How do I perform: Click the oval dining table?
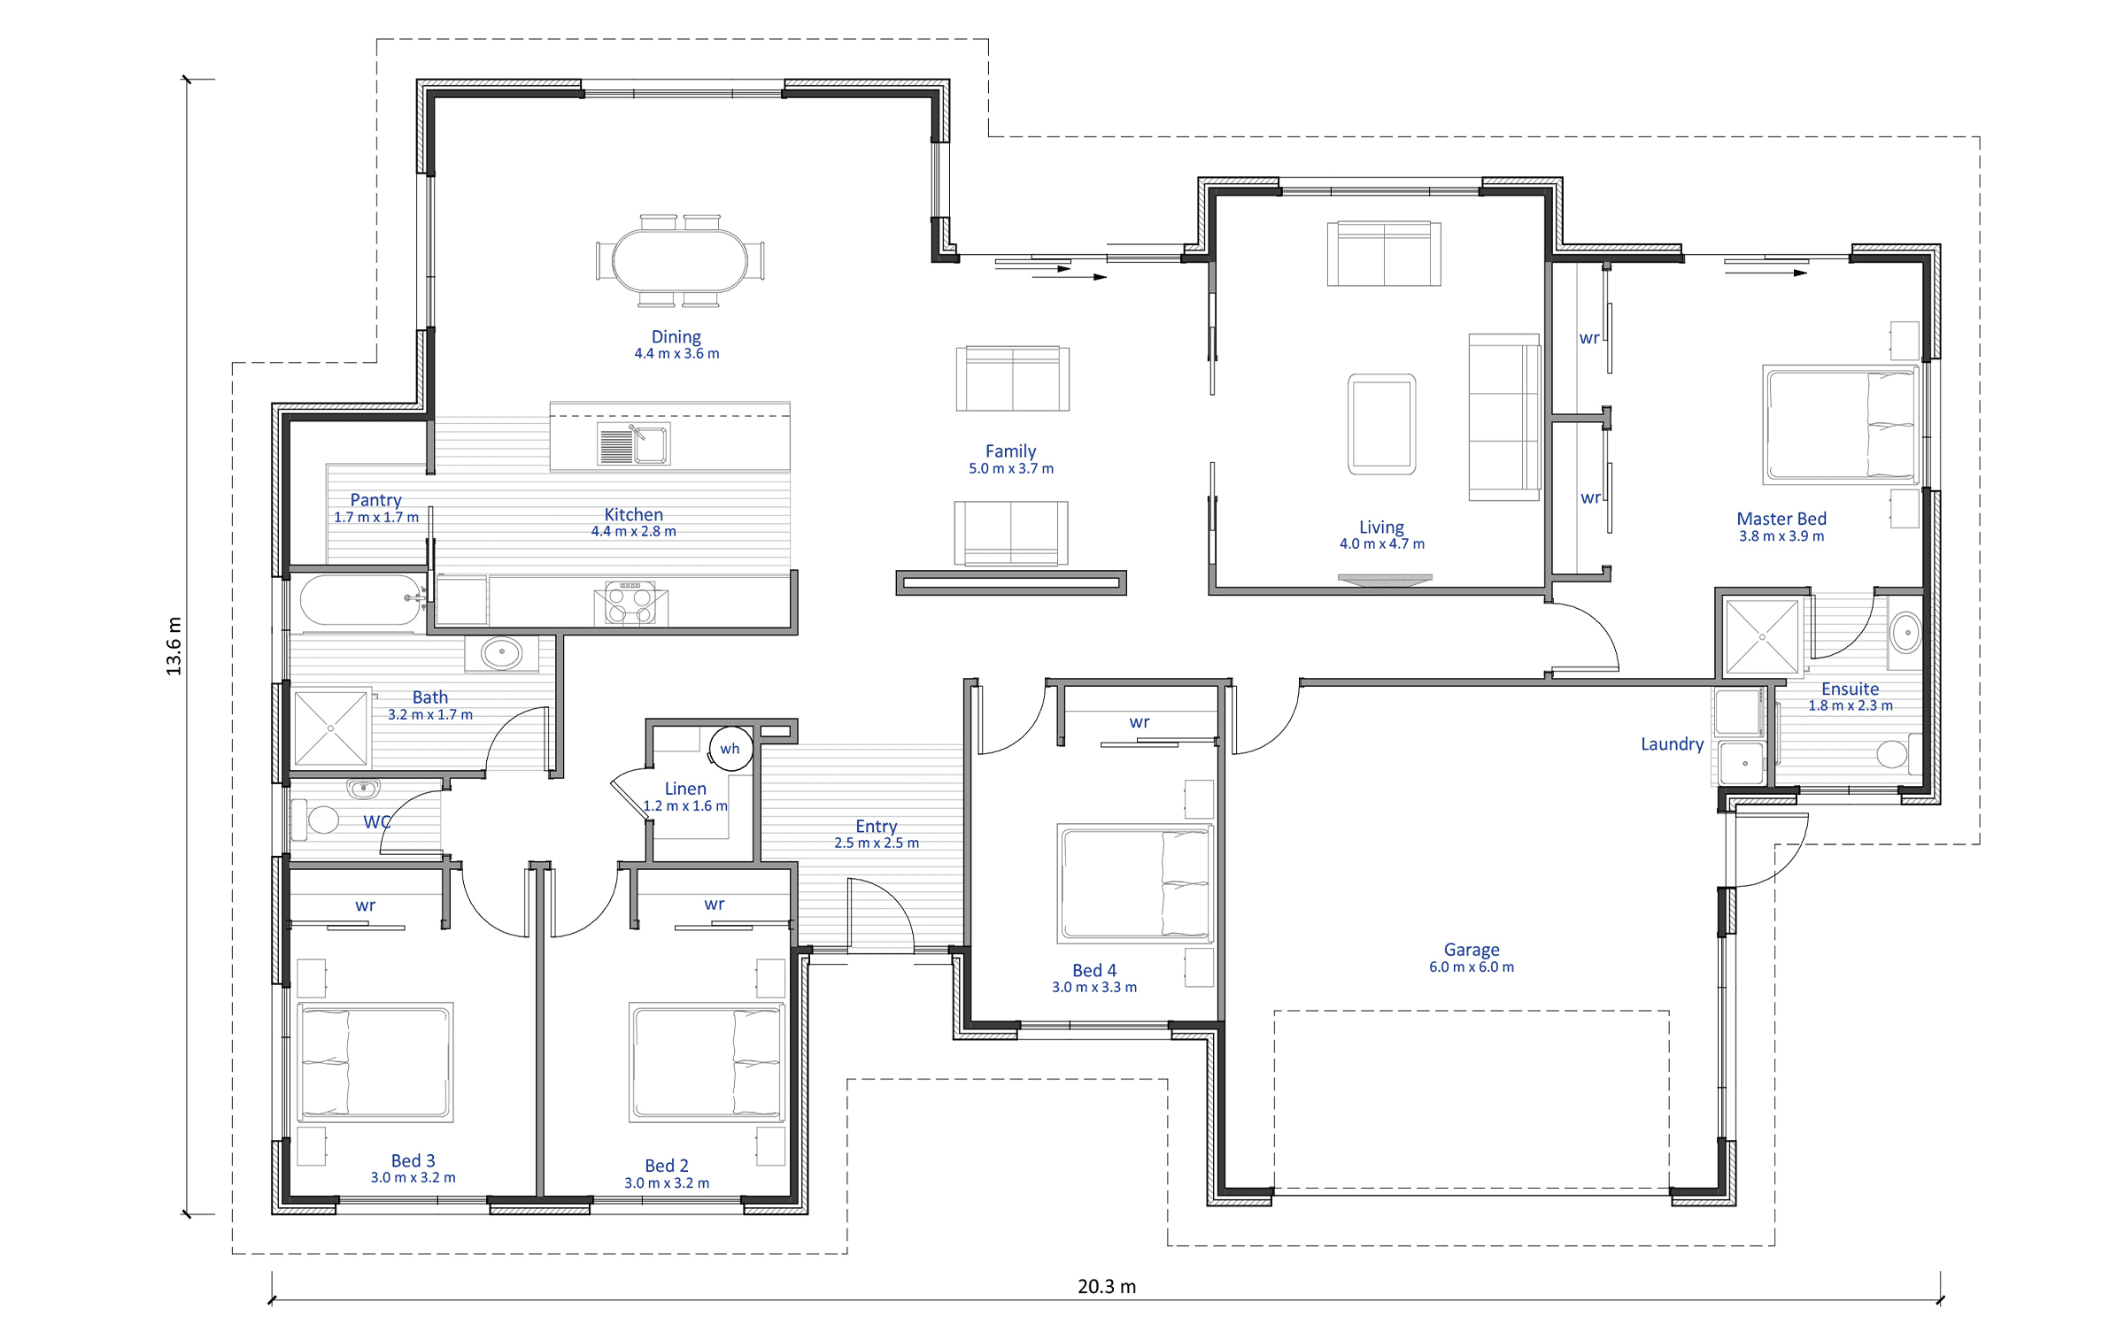680,260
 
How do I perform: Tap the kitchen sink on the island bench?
634,443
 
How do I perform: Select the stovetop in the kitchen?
630,603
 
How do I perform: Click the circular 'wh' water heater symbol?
730,749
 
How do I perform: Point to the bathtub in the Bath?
360,600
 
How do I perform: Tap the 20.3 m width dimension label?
1107,1286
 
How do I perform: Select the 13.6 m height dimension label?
174,646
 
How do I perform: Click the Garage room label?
1472,950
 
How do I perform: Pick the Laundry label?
1672,744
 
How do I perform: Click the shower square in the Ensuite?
1762,636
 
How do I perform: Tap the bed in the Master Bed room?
1840,425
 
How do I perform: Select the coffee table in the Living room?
1381,424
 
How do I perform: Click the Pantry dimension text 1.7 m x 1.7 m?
376,518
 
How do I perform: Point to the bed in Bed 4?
1136,883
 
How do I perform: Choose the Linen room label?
685,789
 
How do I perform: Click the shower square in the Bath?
330,728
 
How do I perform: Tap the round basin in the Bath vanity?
502,652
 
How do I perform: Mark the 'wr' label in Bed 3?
365,905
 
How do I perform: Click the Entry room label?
876,827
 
